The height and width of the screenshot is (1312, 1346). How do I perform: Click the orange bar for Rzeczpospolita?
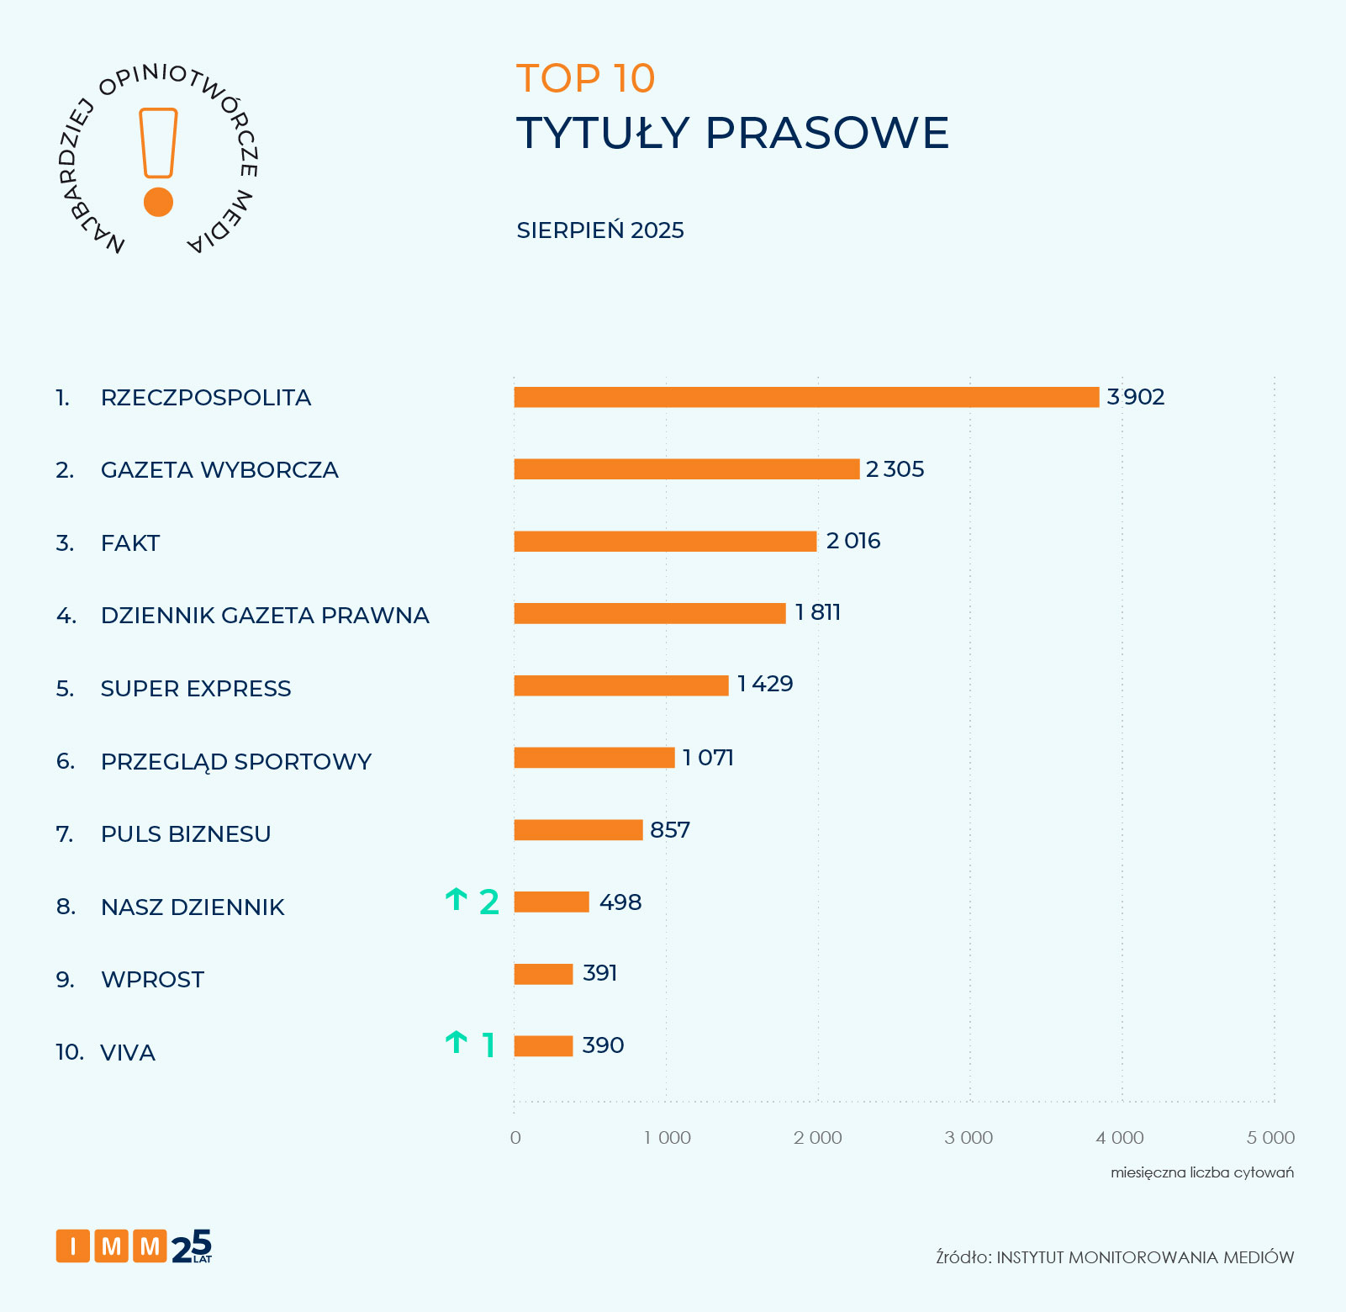[806, 397]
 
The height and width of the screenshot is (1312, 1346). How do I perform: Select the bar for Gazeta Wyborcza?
[686, 469]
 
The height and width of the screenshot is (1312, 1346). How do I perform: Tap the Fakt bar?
[665, 542]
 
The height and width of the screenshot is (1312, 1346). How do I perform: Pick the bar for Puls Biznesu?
[578, 830]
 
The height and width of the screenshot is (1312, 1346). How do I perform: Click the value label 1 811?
[818, 612]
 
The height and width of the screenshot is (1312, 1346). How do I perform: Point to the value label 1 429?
[765, 684]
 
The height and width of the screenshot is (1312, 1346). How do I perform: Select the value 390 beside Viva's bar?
[603, 1045]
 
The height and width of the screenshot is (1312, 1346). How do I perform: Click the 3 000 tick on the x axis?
[969, 1138]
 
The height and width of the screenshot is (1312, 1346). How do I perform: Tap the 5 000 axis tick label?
[1270, 1138]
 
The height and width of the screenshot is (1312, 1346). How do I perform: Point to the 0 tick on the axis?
[515, 1138]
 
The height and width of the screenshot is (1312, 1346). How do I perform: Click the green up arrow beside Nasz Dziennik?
[456, 900]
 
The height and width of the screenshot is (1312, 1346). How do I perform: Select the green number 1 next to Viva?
[488, 1045]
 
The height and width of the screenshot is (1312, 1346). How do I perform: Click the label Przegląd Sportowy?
[235, 761]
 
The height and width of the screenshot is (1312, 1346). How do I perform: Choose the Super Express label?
[196, 689]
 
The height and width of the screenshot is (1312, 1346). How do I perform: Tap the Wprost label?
[152, 980]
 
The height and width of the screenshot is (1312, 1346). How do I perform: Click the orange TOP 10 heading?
[585, 79]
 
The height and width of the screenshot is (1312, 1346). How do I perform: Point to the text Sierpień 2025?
[600, 230]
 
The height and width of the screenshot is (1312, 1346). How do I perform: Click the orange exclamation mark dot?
[158, 202]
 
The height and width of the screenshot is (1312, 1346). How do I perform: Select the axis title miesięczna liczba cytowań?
[1201, 1172]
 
